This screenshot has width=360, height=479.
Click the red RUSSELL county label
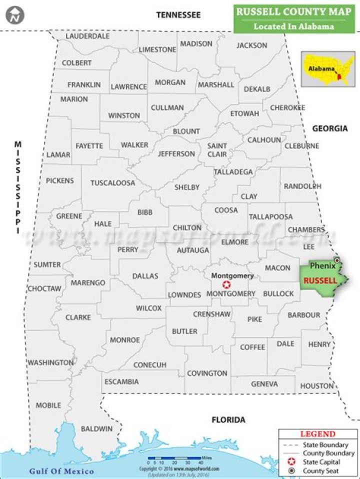coord(319,280)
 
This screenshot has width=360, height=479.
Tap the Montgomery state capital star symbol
coord(226,284)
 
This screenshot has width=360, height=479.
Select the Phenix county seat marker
coord(337,260)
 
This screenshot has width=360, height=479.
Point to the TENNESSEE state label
coord(178,15)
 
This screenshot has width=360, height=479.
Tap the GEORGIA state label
coord(329,128)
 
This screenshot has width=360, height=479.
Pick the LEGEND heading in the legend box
coord(317,434)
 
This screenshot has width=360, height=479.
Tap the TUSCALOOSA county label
coord(112,183)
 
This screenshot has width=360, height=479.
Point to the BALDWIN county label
coord(96,428)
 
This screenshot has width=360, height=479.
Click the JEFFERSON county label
coord(176,153)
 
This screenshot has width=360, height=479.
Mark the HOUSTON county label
coord(317,385)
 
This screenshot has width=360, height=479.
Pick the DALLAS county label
coord(145,275)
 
